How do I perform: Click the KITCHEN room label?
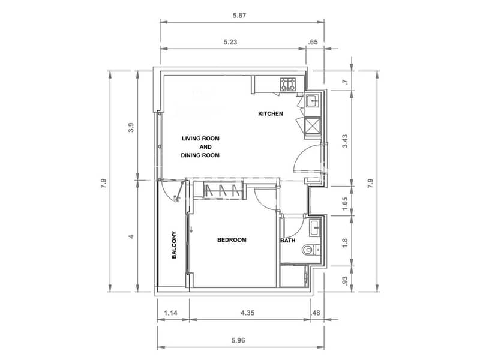(x=271, y=114)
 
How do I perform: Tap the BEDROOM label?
(x=232, y=240)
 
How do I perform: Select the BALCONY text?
(x=174, y=245)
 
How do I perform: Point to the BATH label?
(x=288, y=241)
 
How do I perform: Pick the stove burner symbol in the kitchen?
(x=289, y=85)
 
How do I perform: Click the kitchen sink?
(x=312, y=101)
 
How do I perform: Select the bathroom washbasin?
(x=314, y=229)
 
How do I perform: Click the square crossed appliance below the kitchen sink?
(x=313, y=127)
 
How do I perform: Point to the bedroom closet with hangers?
(x=223, y=190)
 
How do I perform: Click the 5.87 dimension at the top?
(x=239, y=16)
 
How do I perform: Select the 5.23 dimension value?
(x=230, y=42)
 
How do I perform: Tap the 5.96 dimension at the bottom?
(x=238, y=340)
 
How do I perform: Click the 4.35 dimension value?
(x=247, y=313)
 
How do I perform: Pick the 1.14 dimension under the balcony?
(x=170, y=313)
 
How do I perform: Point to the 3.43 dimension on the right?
(x=345, y=141)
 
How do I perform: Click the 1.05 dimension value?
(x=345, y=203)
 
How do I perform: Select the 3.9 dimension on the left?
(x=131, y=127)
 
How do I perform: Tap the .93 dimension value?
(x=345, y=281)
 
